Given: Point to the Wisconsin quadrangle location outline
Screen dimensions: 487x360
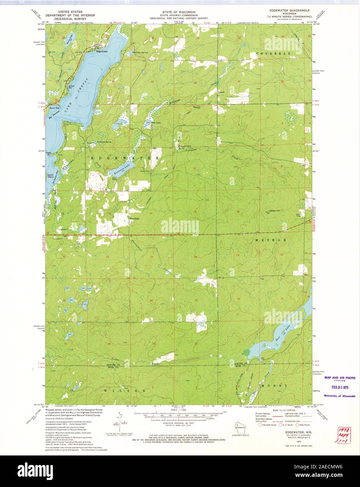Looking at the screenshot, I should coord(240,428).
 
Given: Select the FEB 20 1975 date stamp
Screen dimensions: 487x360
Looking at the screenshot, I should coord(339,388).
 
